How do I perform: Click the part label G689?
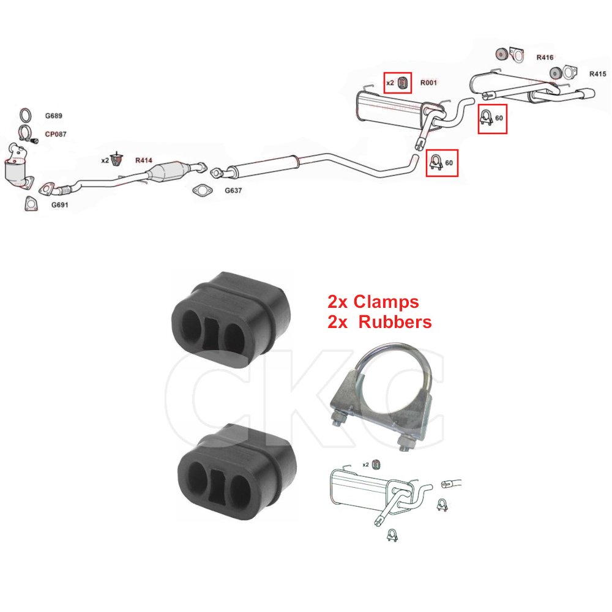(53, 116)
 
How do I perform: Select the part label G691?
(59, 205)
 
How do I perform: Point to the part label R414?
(143, 160)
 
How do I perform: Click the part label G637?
(233, 190)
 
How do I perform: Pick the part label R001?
(428, 83)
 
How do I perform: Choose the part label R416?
(545, 58)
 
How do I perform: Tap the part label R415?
(598, 74)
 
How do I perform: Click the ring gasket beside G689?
(26, 115)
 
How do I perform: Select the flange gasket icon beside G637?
(201, 190)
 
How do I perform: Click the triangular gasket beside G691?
(29, 204)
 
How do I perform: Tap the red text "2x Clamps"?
(373, 302)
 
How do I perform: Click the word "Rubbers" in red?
(395, 322)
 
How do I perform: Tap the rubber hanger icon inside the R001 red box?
(403, 83)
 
